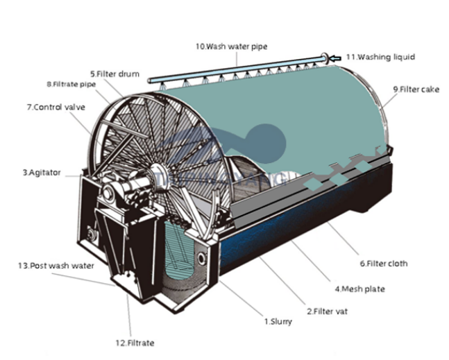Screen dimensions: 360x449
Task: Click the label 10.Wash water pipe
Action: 230,46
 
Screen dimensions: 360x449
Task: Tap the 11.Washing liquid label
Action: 380,57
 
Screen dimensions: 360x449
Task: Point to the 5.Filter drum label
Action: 115,73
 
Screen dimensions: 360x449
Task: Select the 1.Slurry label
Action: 278,322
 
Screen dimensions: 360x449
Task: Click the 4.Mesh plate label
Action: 358,288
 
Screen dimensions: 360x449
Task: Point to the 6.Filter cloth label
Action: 384,264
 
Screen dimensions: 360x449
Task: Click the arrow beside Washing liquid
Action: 337,58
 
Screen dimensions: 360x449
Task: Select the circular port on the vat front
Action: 201,259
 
